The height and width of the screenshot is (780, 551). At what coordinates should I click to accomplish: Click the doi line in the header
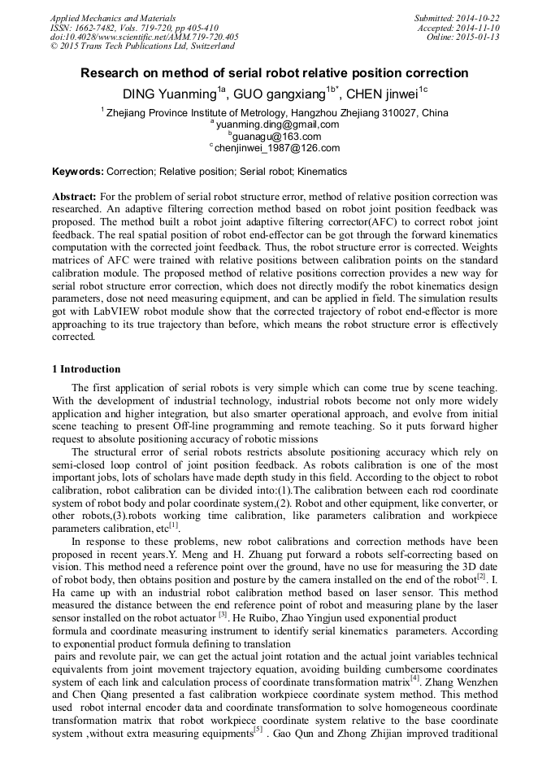pyautogui.click(x=144, y=37)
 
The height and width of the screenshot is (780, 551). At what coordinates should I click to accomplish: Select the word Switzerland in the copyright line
pyautogui.click(x=208, y=46)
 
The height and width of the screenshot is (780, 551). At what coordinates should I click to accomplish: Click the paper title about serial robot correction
pyautogui.click(x=275, y=73)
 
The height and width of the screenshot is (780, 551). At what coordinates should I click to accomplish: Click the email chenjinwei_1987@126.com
pyautogui.click(x=277, y=148)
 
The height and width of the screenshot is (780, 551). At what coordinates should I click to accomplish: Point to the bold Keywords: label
pyautogui.click(x=78, y=172)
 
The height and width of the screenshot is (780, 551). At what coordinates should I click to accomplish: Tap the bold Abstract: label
pyautogui.click(x=75, y=197)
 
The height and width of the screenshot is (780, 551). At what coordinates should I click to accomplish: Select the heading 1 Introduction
pyautogui.click(x=86, y=369)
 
